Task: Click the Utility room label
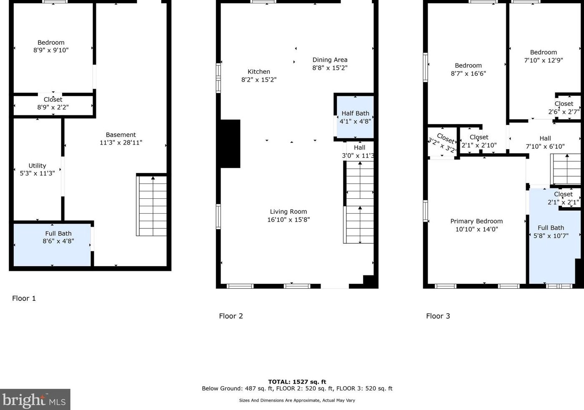coord(37,165)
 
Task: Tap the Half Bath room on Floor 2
coord(355,117)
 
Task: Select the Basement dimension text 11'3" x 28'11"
coord(121,142)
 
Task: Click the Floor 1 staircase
coord(151,206)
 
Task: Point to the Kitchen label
coord(258,72)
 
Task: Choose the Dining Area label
coord(330,60)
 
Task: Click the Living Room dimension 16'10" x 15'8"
coord(288,220)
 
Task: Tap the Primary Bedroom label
coord(476,221)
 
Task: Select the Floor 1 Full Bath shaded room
coord(52,245)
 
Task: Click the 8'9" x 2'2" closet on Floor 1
coord(53,105)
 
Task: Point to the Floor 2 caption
coord(231,316)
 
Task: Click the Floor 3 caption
coord(438,316)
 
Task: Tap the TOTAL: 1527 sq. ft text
coord(297,382)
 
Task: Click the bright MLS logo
coord(35,400)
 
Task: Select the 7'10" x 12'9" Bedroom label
coord(543,52)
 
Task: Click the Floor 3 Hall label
coord(545,138)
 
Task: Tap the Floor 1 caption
coord(24,298)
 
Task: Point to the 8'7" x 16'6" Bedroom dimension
coord(468,74)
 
